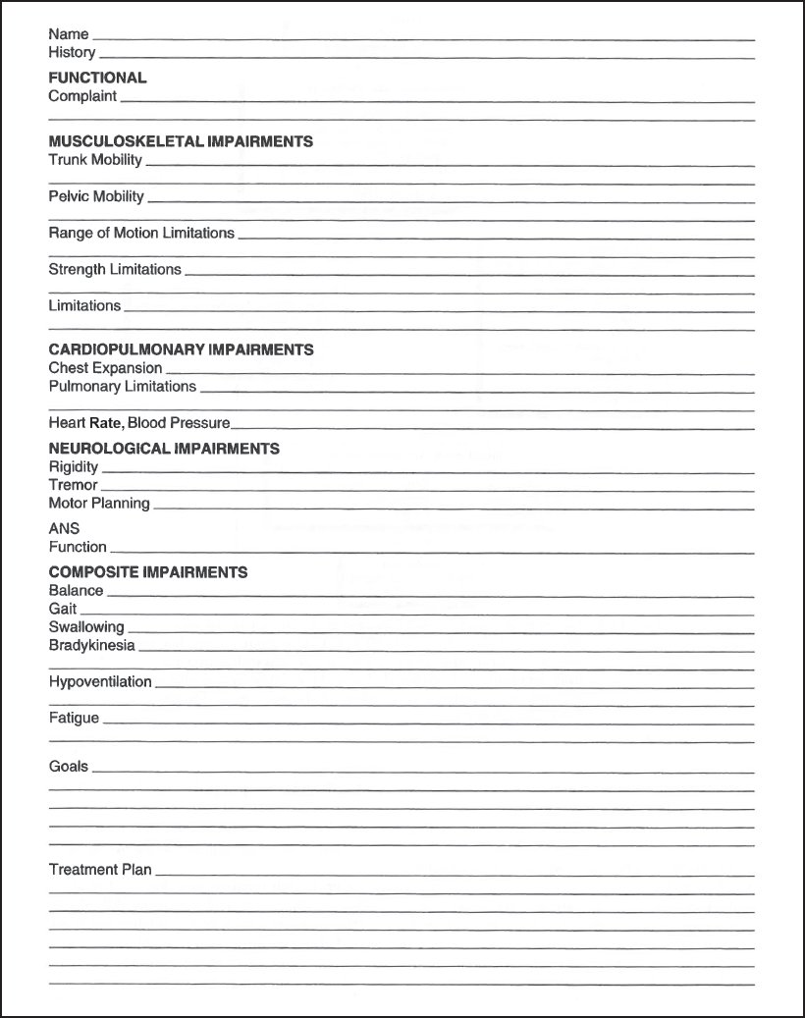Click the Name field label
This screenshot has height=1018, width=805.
click(x=68, y=34)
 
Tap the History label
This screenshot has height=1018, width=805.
click(x=72, y=52)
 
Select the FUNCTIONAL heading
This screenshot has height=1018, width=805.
click(x=97, y=78)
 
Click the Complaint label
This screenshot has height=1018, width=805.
click(x=82, y=96)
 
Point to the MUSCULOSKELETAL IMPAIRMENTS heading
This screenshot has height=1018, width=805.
click(x=181, y=141)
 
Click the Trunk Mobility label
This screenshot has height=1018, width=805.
click(x=95, y=159)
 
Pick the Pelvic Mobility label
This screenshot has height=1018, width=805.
click(x=96, y=196)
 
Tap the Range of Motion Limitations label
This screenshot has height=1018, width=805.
click(x=141, y=233)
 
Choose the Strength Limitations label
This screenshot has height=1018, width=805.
click(x=115, y=269)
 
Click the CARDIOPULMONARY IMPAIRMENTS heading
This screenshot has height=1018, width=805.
click(x=181, y=349)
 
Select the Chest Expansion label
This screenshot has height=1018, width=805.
click(x=105, y=368)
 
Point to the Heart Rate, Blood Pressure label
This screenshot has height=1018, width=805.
click(x=139, y=423)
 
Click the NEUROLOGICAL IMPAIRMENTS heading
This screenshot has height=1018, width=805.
click(x=164, y=449)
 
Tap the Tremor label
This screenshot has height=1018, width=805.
click(x=73, y=485)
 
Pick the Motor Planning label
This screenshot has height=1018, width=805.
click(x=99, y=504)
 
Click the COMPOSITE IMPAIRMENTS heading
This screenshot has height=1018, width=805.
click(x=147, y=572)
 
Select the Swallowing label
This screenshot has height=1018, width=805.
click(x=86, y=627)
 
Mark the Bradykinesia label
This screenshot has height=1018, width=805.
click(x=91, y=645)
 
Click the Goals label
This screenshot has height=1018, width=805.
click(x=68, y=766)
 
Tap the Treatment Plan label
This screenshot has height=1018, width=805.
click(x=100, y=870)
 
